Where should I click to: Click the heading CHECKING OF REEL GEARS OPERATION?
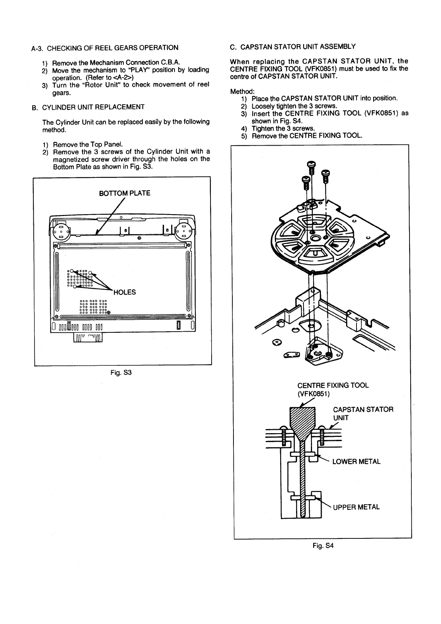[x=113, y=48]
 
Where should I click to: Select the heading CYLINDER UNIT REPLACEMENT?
[x=93, y=107]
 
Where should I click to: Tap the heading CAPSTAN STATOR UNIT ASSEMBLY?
[x=298, y=47]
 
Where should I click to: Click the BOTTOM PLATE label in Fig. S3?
[x=125, y=193]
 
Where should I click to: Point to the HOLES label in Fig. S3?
[x=125, y=292]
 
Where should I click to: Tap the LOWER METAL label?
[x=356, y=462]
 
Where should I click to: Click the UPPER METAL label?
[x=356, y=507]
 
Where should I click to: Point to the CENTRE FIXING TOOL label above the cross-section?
[x=333, y=385]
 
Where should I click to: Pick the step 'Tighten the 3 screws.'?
[x=283, y=128]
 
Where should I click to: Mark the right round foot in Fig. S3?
[x=184, y=232]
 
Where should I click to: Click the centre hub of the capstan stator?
[x=316, y=237]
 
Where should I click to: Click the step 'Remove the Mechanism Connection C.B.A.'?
[x=116, y=63]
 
